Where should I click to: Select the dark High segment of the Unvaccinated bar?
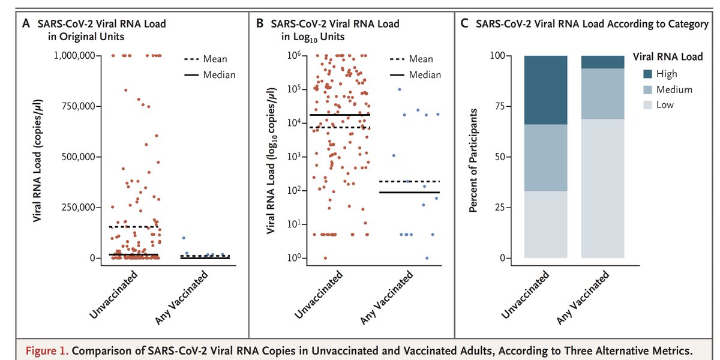[545, 90]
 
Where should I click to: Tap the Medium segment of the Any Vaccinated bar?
[602, 94]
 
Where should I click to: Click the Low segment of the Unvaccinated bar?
[545, 224]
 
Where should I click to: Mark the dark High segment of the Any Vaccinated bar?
[602, 62]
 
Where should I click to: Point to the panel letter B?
[260, 25]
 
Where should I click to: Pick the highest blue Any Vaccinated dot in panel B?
[400, 89]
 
